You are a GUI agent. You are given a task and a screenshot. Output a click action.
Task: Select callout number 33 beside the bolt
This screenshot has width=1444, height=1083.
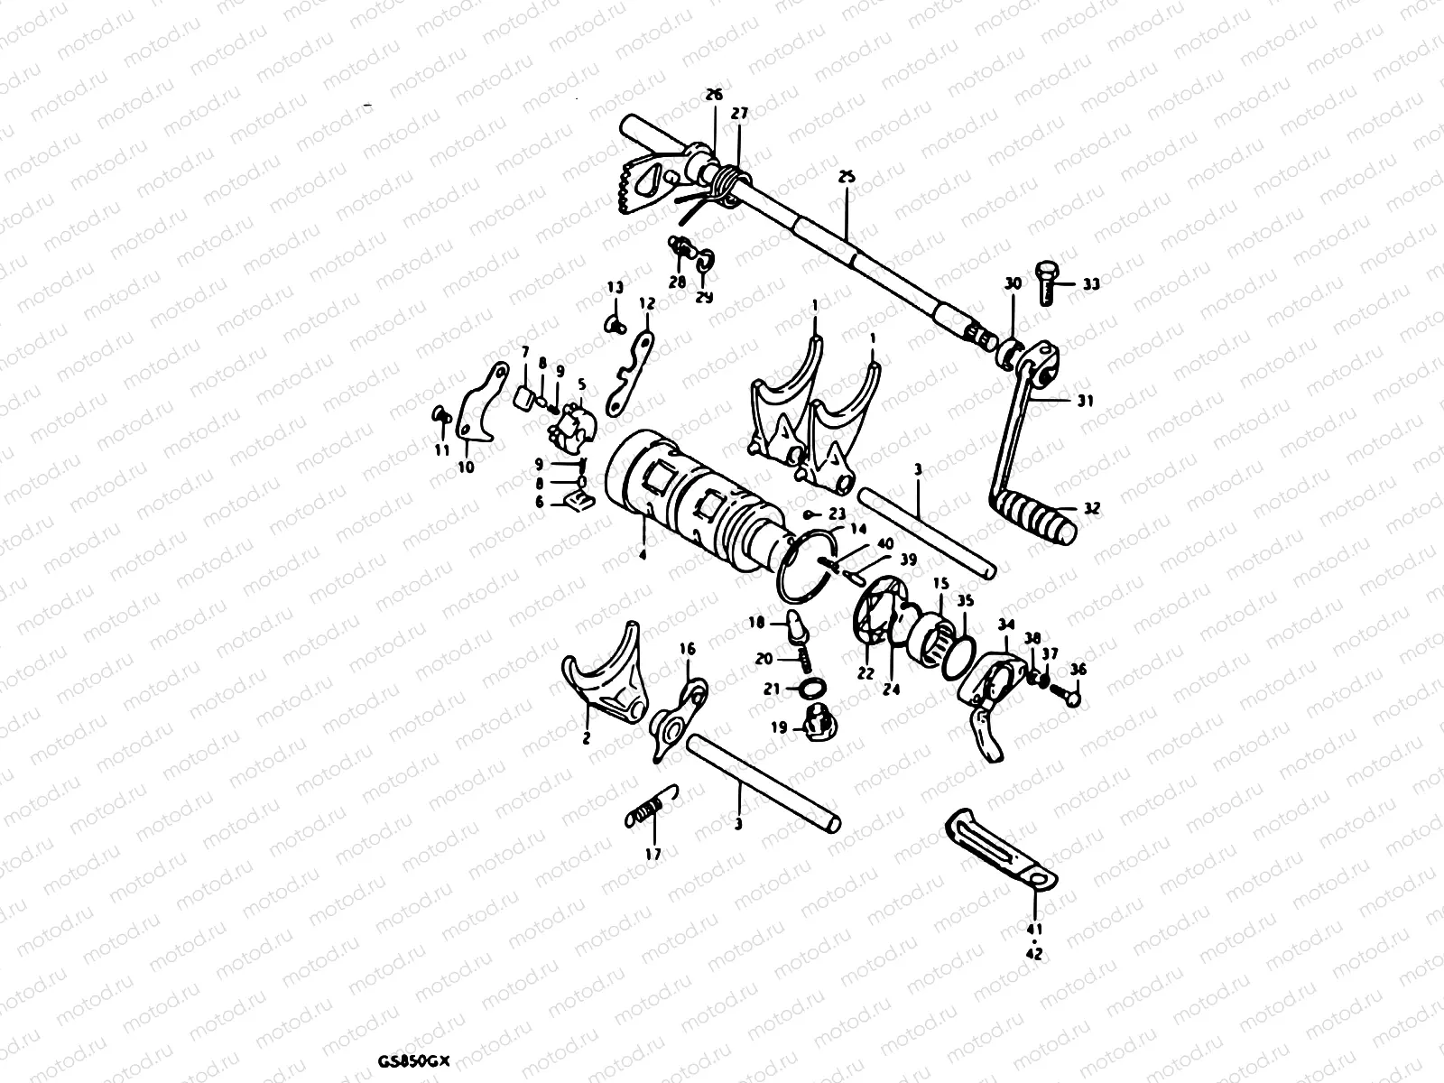(x=1090, y=284)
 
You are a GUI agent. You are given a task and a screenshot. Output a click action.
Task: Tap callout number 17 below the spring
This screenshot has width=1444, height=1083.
(x=653, y=854)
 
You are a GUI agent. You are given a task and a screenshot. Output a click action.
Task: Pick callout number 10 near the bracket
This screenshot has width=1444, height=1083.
(x=466, y=467)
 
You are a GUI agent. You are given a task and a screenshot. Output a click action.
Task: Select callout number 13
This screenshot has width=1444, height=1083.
(x=615, y=288)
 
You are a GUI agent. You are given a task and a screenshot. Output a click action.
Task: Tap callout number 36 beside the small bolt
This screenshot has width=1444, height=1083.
(x=1078, y=670)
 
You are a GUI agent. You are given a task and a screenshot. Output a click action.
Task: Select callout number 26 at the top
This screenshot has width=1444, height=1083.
(x=714, y=95)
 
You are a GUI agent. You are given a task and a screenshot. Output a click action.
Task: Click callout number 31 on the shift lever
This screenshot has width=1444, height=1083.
(x=1085, y=402)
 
